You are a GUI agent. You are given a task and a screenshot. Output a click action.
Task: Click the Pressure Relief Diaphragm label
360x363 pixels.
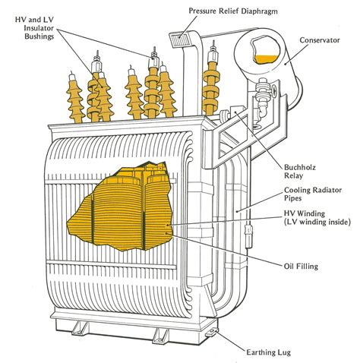233,11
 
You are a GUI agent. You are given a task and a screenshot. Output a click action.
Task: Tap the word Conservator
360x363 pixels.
320,40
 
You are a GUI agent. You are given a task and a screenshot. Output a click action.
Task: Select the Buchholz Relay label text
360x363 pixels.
300,172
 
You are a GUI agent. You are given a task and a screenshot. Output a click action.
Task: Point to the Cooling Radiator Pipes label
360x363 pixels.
313,194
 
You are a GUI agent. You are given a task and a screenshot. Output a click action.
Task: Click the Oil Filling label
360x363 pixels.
301,267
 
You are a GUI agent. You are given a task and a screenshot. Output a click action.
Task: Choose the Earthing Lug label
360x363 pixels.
269,352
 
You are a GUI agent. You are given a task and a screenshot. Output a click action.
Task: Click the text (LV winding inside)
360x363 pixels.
317,222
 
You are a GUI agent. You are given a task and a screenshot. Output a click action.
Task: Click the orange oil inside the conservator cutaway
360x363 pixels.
266,59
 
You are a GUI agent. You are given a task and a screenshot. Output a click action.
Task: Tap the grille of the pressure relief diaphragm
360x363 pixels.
181,40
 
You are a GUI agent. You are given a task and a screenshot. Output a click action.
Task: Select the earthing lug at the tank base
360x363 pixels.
212,333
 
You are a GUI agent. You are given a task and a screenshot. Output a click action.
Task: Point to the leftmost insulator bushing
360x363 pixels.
74,97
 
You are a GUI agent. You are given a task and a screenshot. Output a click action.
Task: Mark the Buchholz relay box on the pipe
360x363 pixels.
235,112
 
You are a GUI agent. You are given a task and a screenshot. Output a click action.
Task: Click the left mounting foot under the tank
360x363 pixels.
80,328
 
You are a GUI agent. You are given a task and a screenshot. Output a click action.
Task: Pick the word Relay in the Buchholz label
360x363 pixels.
293,175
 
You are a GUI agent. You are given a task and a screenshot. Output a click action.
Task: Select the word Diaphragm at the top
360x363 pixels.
259,11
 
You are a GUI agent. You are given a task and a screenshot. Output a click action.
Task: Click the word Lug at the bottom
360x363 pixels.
284,352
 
